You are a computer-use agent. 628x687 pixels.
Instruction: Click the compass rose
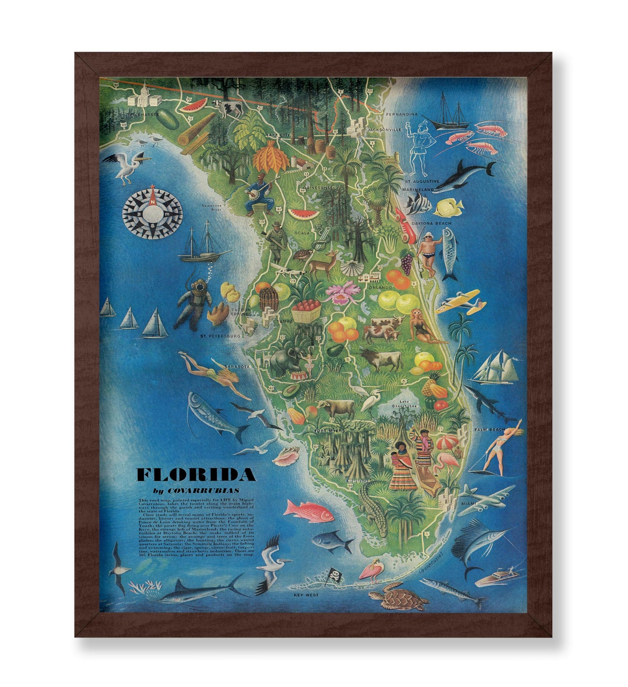pos(152,212)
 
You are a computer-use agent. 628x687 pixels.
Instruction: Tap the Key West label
pos(306,595)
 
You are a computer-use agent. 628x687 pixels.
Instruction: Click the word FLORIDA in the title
pos(196,475)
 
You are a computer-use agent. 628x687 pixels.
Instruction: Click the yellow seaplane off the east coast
pos(458,301)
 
